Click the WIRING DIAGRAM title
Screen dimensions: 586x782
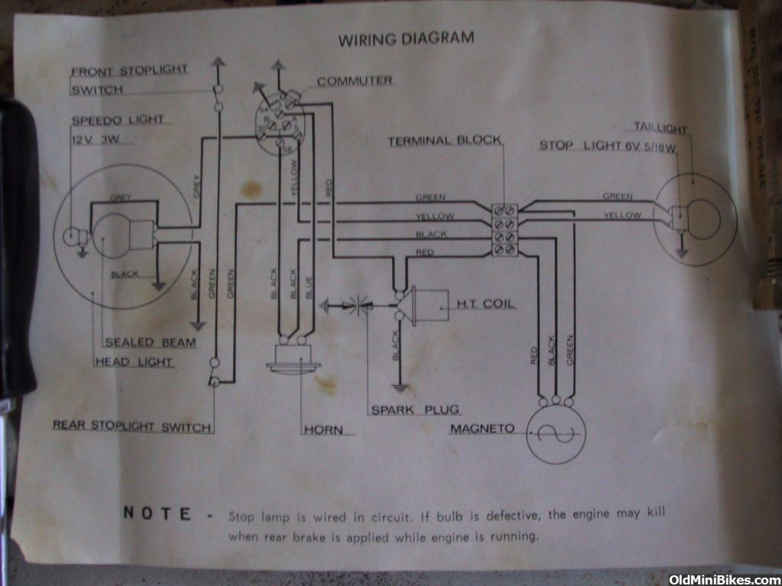[x=406, y=38]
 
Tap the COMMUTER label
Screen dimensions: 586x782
[x=354, y=81]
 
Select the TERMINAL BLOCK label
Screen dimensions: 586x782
[x=444, y=141]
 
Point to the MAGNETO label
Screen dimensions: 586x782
[x=482, y=429]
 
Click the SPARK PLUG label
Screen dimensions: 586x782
[x=415, y=410]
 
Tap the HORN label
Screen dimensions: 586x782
[x=323, y=430]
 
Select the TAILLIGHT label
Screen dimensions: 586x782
[x=660, y=128]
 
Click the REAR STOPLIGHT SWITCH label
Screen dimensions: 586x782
[x=131, y=426]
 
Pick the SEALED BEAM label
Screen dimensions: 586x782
[x=150, y=343]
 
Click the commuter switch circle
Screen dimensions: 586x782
[x=280, y=125]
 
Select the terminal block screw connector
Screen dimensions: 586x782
[x=505, y=228]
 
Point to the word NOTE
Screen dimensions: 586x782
[x=157, y=514]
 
